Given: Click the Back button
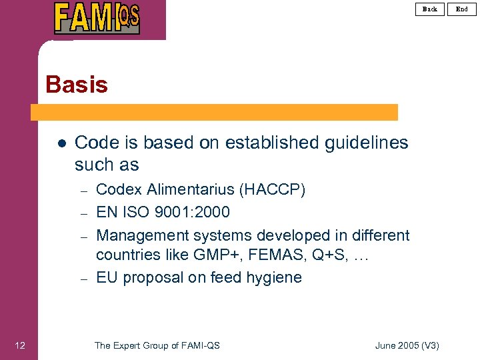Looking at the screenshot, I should pos(430,9).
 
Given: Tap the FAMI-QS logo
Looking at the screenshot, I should pos(97,18).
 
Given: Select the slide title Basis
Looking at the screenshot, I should pos(77,85).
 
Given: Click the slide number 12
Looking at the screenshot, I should pos(20,345).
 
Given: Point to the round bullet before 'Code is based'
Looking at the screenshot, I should pos(61,143).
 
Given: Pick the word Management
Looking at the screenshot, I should pos(142,235).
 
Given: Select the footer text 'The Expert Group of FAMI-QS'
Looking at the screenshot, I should pos(157,345).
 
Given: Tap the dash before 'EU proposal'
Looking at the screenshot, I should pos(85,279).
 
